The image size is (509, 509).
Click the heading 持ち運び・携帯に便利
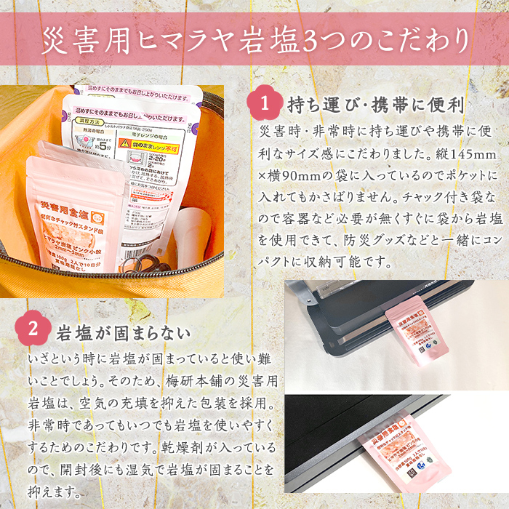click(x=375, y=105)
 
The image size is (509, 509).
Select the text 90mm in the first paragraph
click(x=315, y=176)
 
